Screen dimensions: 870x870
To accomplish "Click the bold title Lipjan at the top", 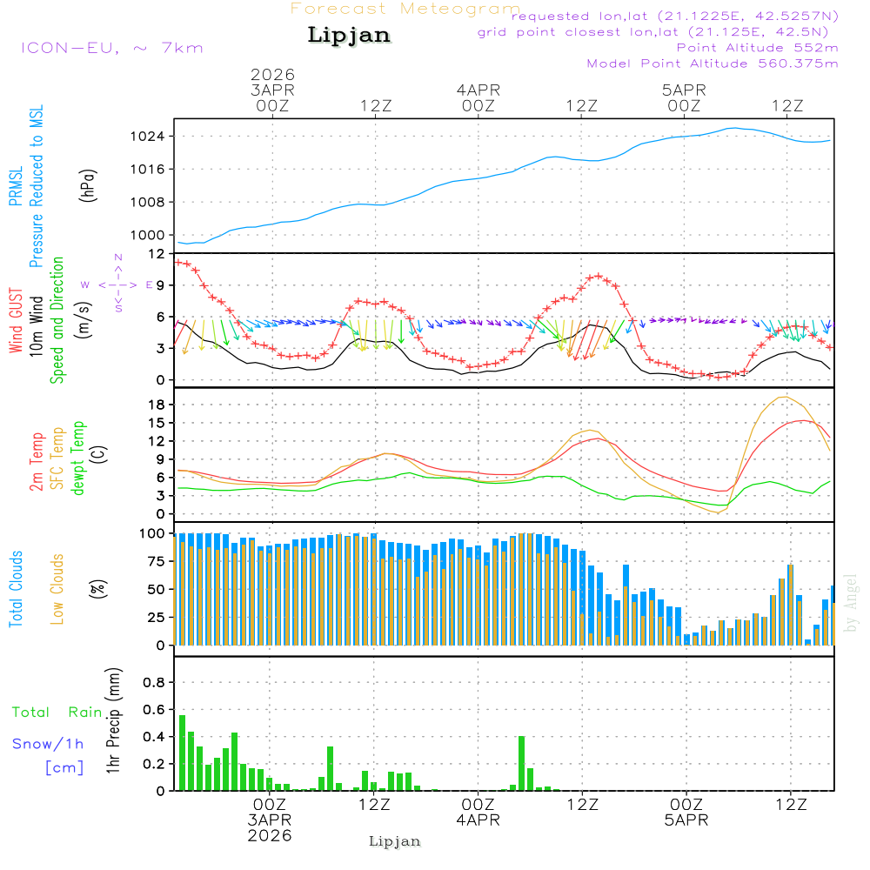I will coord(349,36).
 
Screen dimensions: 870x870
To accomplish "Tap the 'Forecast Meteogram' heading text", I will coord(405,9).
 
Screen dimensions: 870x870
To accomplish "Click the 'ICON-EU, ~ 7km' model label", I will coord(111,47).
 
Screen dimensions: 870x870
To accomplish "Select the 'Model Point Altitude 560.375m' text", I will coord(713,64).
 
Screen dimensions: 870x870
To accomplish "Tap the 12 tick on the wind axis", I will coord(157,253).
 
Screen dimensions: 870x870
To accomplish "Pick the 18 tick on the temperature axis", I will coord(157,405).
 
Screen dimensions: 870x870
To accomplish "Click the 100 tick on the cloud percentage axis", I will coord(153,532).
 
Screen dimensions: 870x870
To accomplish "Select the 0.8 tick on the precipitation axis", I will coord(155,682).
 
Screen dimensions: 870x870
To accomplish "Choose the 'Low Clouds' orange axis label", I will coord(58,588).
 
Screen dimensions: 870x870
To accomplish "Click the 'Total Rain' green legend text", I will coord(57,713).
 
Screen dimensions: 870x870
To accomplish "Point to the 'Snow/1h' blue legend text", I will coord(48,744).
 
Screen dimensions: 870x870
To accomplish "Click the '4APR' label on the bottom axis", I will coord(478,820).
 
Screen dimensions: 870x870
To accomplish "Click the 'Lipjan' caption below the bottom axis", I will coord(395,841).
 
